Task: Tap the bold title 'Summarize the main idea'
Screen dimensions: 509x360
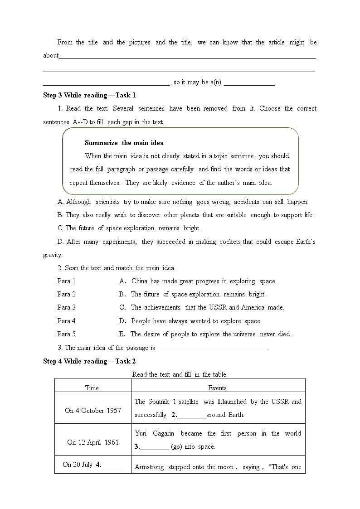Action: tap(124, 143)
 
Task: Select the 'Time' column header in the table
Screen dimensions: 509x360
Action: tap(92, 388)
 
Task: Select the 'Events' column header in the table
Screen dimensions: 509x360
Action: tap(218, 388)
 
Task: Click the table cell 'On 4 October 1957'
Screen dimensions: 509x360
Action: tap(93, 411)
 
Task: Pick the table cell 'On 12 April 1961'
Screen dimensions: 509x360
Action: tap(92, 442)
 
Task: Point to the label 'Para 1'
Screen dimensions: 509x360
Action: tap(67, 281)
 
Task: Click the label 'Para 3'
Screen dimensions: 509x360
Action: tap(67, 307)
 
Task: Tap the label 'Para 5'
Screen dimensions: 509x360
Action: tap(67, 334)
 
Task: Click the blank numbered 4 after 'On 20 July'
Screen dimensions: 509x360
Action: tap(113, 465)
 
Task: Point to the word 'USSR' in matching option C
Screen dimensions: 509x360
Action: tap(218, 307)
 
